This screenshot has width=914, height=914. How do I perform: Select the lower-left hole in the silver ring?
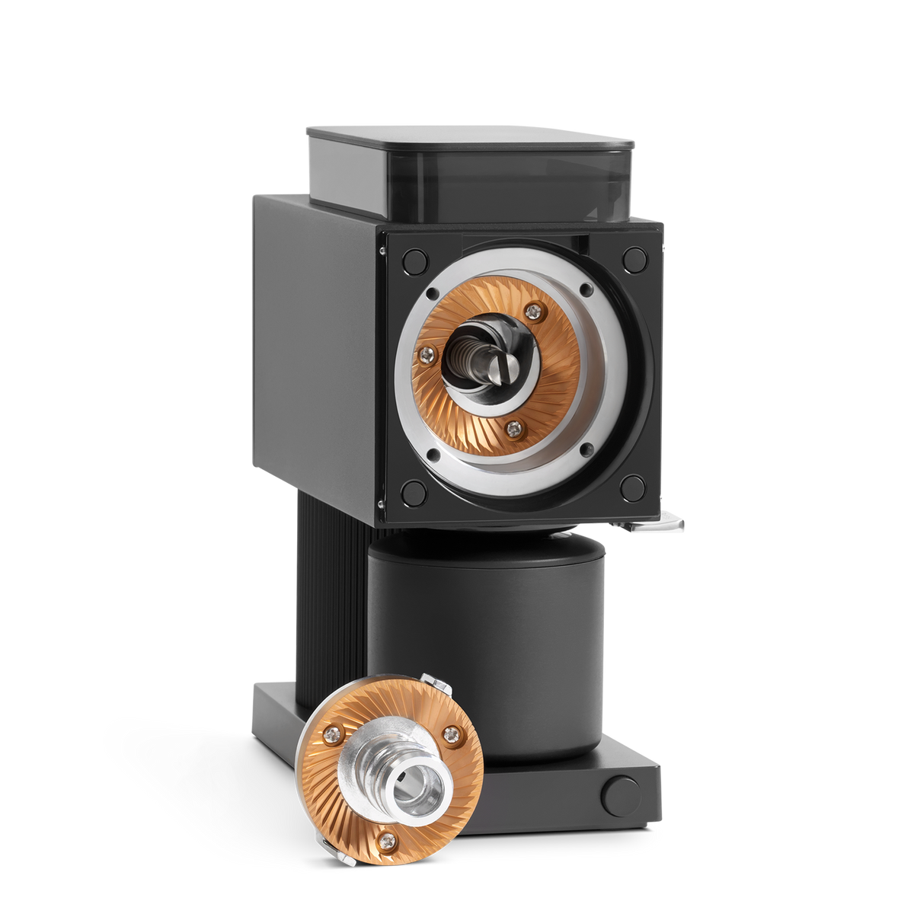click(x=432, y=454)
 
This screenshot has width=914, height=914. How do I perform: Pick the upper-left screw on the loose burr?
click(x=334, y=733)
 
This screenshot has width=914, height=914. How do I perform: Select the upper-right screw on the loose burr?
click(x=454, y=733)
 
